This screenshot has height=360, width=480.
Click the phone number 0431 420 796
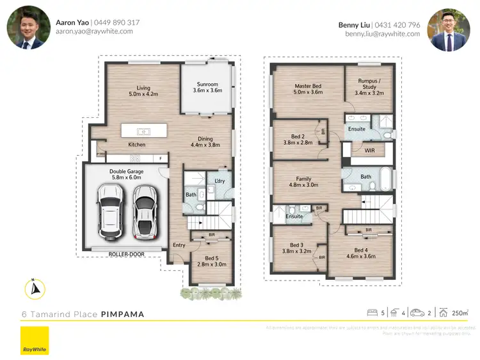tap(397, 24)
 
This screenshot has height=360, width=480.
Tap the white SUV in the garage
tap(109, 211)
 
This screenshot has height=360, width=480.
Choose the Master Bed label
tap(307, 86)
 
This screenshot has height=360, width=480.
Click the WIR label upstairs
tap(369, 151)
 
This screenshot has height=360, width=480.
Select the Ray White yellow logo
tap(35, 340)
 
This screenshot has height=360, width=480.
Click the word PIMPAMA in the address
tap(122, 315)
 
